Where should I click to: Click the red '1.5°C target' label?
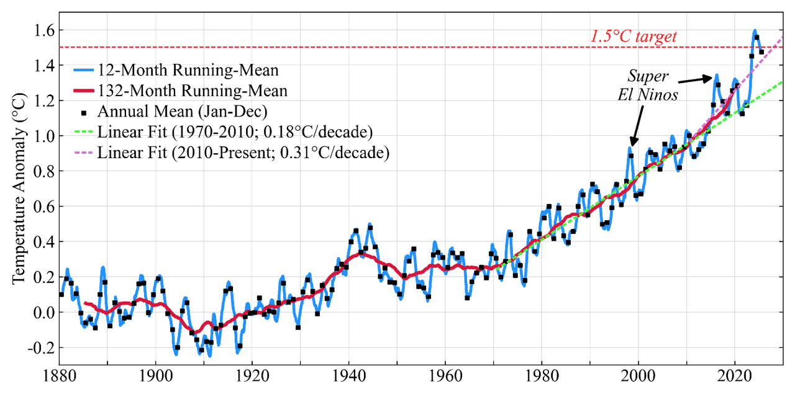click(x=633, y=37)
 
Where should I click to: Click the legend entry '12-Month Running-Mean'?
click(x=188, y=70)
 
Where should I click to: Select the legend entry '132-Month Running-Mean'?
click(x=192, y=91)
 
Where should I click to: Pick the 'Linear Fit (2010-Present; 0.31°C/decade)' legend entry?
click(x=243, y=153)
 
